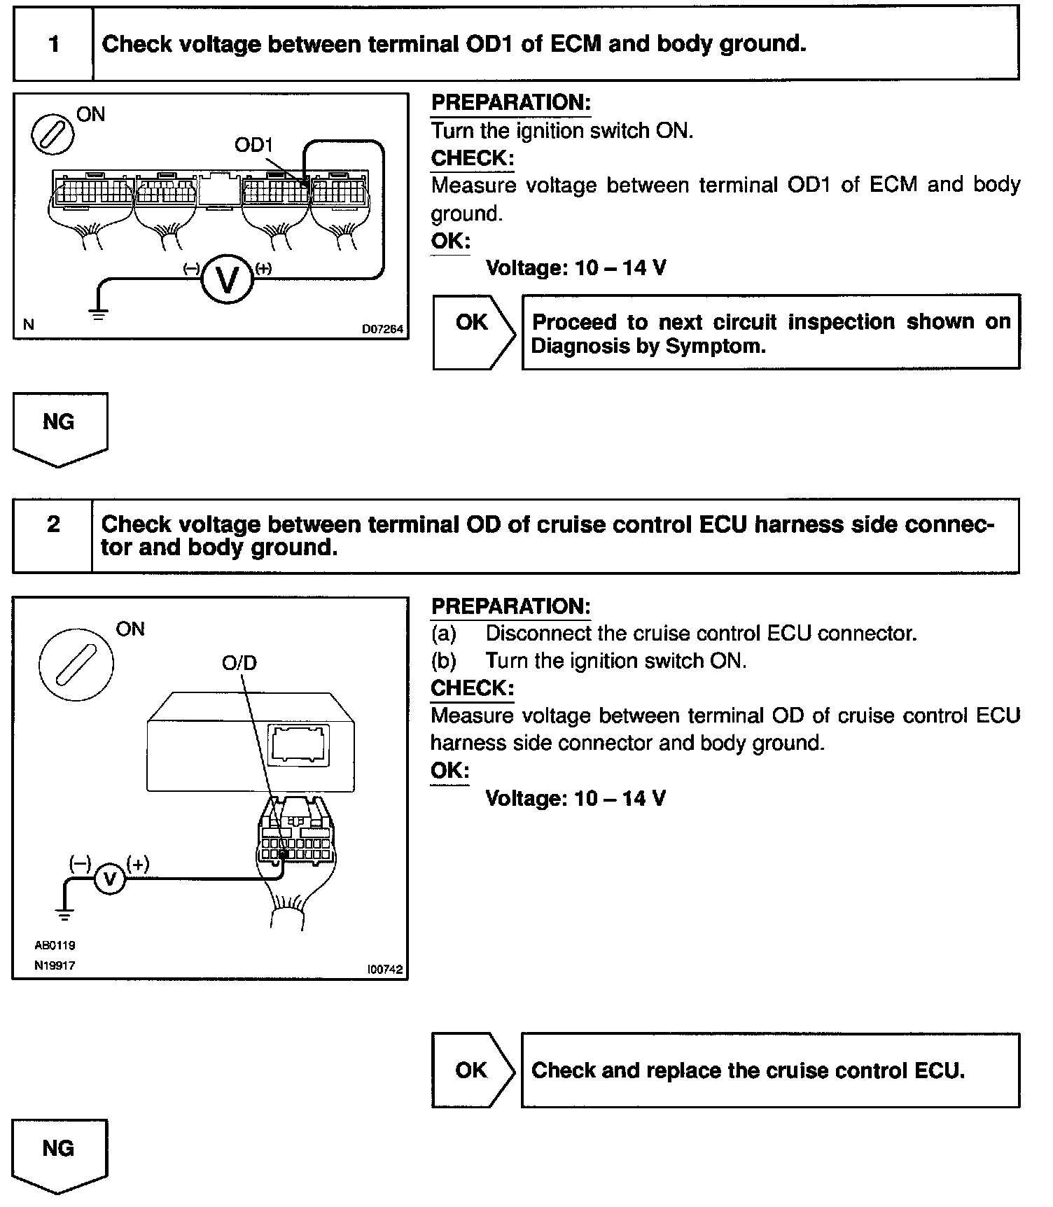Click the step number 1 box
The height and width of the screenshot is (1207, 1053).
coord(54,44)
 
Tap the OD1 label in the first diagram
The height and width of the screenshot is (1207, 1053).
coord(253,145)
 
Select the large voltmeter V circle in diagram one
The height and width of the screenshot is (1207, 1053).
coord(226,278)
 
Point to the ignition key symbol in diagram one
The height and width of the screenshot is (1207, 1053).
coord(53,132)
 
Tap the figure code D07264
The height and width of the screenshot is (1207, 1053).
coord(382,328)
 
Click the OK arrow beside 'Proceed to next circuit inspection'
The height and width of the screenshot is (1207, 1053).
coord(473,332)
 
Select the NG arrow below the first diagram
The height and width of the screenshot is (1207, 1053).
coord(60,428)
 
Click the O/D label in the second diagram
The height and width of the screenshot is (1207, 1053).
coord(239,662)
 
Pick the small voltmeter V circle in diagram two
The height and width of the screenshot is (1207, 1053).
coord(109,879)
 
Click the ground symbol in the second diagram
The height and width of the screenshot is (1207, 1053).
coord(64,914)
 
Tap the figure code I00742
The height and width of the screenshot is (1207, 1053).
coord(384,970)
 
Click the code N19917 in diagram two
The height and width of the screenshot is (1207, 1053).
coord(55,965)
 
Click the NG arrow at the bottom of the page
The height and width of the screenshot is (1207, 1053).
coord(60,1154)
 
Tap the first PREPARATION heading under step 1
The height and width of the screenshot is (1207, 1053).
coord(510,103)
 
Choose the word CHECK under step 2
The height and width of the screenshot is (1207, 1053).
coord(472,688)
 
